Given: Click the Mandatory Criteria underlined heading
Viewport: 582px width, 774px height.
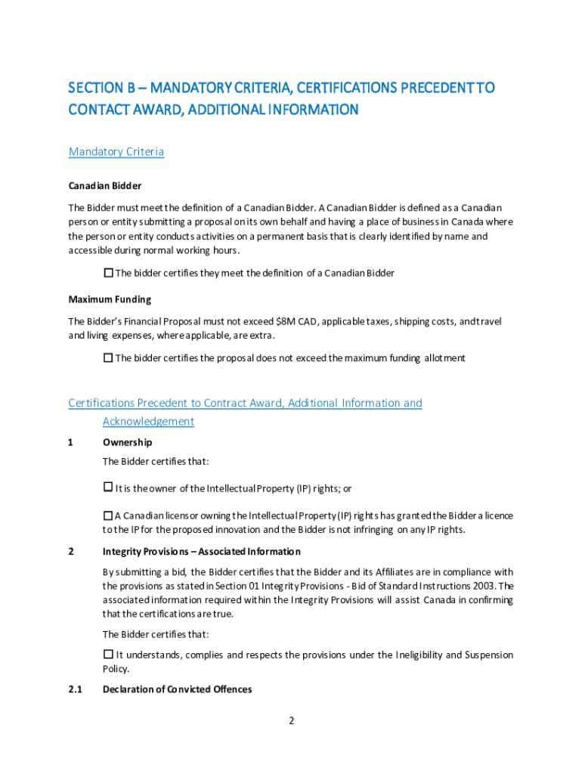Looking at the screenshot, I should point(116,152).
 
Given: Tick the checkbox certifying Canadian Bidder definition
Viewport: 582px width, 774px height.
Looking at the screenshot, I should point(108,273).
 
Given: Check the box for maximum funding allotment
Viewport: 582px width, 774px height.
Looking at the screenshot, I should point(108,358).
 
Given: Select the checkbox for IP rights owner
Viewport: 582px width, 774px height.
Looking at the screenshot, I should point(107,488).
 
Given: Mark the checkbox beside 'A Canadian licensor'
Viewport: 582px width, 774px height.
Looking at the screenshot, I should point(107,515).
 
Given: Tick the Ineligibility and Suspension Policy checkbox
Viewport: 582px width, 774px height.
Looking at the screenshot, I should point(108,655).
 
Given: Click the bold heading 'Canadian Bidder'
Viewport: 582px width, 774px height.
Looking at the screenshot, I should point(105,186).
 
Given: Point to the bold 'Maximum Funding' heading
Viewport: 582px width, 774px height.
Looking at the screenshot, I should point(110,300).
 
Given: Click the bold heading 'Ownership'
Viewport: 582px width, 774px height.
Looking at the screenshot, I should point(127,442).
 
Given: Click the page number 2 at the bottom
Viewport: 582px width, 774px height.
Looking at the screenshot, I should point(291,720).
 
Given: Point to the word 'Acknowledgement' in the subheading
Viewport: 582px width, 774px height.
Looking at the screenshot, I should point(148,422).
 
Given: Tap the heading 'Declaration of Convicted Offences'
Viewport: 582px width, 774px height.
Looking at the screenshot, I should point(177,689).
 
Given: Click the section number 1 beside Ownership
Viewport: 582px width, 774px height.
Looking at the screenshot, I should point(71,442).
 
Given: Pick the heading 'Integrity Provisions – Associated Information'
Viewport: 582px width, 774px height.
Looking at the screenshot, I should point(201,552).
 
